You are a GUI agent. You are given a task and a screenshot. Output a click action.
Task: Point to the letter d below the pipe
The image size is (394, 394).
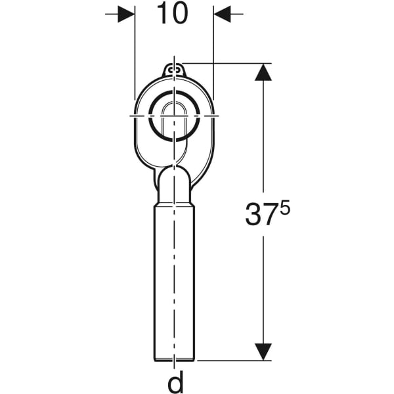tap(175, 382)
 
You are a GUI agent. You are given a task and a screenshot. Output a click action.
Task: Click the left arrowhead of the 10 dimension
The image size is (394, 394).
tap(126, 14)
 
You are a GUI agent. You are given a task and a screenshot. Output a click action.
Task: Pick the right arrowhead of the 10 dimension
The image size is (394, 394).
tap(223, 14)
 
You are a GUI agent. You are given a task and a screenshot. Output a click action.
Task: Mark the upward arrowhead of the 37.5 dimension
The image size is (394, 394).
tap(263, 72)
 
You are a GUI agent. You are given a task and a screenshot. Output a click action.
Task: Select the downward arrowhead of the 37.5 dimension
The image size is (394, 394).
tap(263, 351)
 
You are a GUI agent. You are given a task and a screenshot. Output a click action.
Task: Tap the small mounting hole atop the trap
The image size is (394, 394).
tap(175, 68)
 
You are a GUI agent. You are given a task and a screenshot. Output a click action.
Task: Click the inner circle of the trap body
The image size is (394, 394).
tap(175, 116)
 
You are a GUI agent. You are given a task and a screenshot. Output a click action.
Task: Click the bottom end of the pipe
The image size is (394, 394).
tap(175, 359)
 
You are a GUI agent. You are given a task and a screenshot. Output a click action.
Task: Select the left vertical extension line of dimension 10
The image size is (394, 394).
tap(135, 53)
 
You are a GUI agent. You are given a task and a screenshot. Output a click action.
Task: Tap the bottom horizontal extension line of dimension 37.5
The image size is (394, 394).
tap(230, 360)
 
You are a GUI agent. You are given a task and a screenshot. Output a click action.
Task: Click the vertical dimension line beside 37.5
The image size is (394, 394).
tap(263, 144)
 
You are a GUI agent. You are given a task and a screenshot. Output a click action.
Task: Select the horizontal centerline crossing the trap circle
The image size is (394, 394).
tap(141, 116)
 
